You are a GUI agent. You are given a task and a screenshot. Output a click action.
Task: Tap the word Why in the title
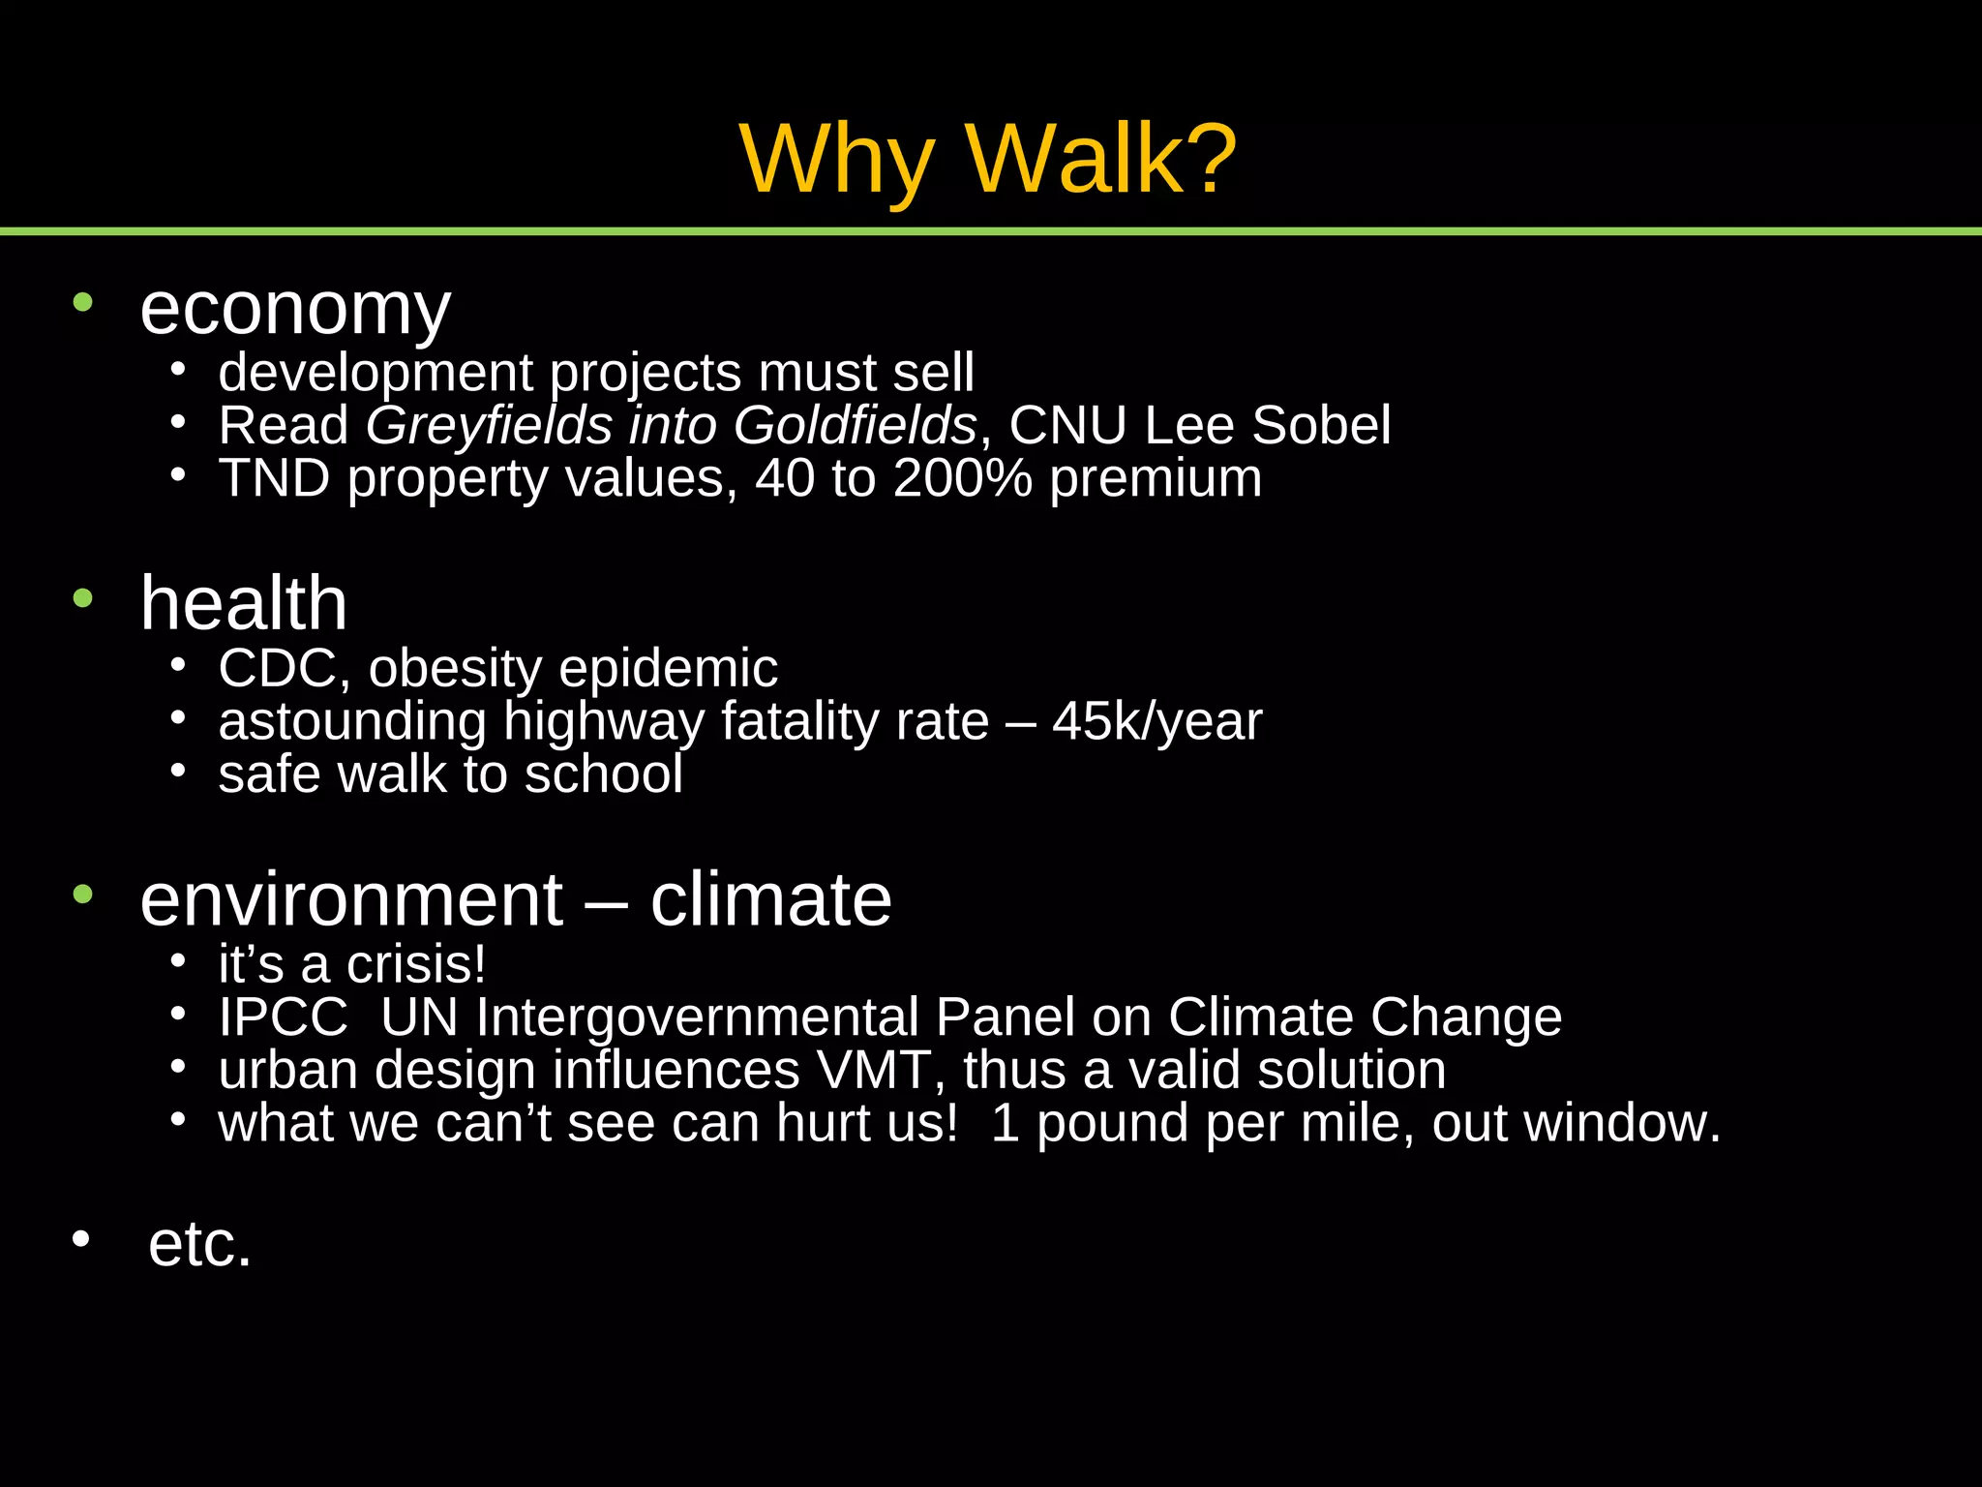point(837,161)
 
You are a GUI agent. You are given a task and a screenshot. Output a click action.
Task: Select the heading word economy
point(295,310)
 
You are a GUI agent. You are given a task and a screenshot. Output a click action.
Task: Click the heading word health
point(243,603)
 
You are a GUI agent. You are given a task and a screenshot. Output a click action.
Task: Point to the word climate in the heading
point(770,899)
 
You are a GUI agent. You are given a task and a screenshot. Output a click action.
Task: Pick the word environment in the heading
point(351,899)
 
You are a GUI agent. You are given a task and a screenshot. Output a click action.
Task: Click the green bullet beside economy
point(83,302)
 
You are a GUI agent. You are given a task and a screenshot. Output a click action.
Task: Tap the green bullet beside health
point(83,597)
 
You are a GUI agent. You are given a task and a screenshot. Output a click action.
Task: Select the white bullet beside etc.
point(81,1238)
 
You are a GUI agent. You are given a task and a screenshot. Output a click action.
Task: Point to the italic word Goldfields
point(855,426)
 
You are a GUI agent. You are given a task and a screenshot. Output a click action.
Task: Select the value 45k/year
point(1156,722)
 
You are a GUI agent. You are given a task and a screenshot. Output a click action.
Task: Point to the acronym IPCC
point(283,1017)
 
